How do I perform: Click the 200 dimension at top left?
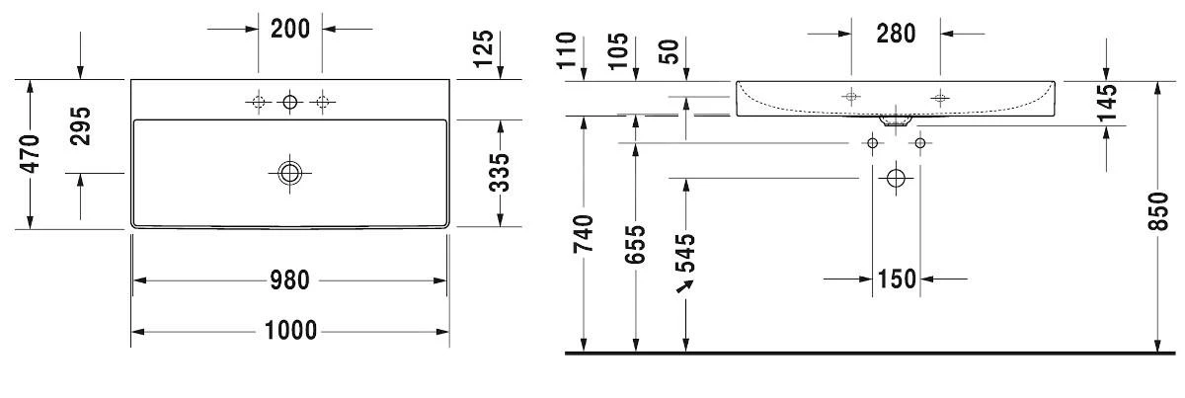click(x=290, y=29)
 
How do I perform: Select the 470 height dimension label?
click(x=30, y=154)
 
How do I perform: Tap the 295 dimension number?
click(x=80, y=126)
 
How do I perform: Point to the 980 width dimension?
click(x=290, y=280)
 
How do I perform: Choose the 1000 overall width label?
click(x=290, y=331)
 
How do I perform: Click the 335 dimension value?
click(x=500, y=173)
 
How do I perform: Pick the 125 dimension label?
click(x=483, y=49)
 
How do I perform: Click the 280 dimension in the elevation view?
click(x=896, y=34)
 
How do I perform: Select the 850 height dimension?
click(x=1157, y=211)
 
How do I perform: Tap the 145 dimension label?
click(x=1106, y=103)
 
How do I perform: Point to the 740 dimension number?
click(x=584, y=234)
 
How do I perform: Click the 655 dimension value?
click(x=635, y=245)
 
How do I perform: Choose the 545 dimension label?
click(x=685, y=253)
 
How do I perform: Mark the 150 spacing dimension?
click(x=897, y=279)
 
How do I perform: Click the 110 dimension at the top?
click(x=567, y=50)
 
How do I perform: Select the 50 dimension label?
click(x=670, y=52)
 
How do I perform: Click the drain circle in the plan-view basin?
click(x=290, y=173)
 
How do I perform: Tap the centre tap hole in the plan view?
click(x=290, y=102)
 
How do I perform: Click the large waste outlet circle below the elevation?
click(x=897, y=178)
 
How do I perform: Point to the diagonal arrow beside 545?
click(x=684, y=286)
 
